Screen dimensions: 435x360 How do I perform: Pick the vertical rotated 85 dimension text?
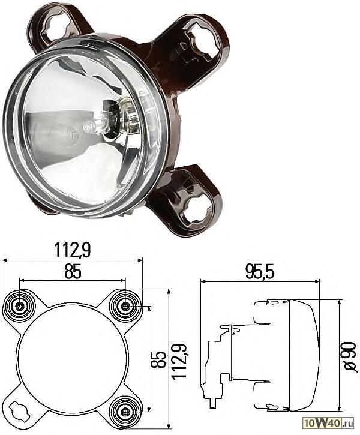158,359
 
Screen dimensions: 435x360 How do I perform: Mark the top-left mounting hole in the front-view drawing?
20,307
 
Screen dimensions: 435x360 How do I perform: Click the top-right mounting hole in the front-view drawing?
125,307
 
